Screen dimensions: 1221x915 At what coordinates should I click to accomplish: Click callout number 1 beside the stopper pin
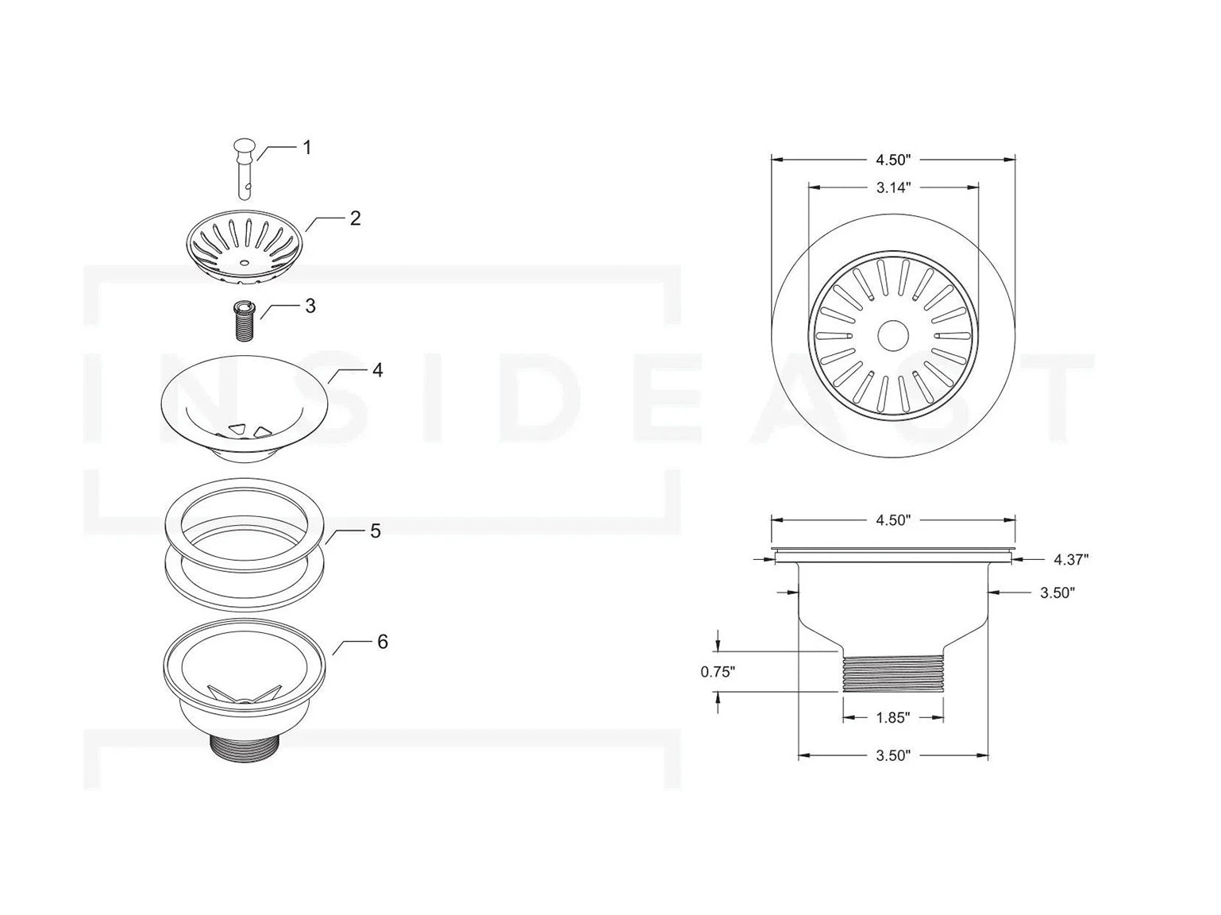coord(306,148)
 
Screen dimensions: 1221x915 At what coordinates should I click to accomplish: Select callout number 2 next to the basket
coord(356,218)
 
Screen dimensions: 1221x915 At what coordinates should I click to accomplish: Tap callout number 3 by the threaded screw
coord(310,306)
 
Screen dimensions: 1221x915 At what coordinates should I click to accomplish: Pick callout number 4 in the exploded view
coord(378,370)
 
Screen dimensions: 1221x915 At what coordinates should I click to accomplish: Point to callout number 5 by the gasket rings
coord(376,531)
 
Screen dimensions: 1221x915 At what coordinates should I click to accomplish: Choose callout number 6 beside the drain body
coord(382,642)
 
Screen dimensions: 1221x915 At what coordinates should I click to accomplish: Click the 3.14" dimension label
coord(893,187)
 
